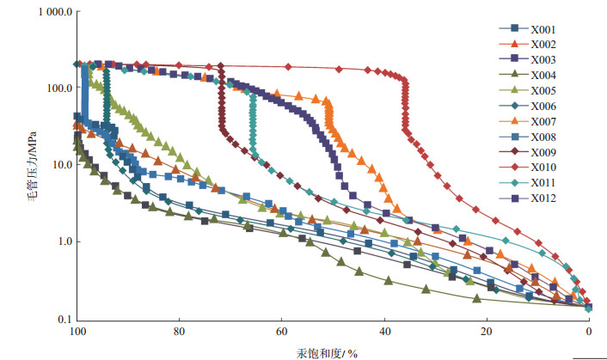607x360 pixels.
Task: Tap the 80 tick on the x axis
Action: (x=179, y=332)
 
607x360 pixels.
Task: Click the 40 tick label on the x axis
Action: (x=384, y=332)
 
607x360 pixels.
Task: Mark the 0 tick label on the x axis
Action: (x=589, y=332)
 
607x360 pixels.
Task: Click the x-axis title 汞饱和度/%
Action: (x=334, y=351)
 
